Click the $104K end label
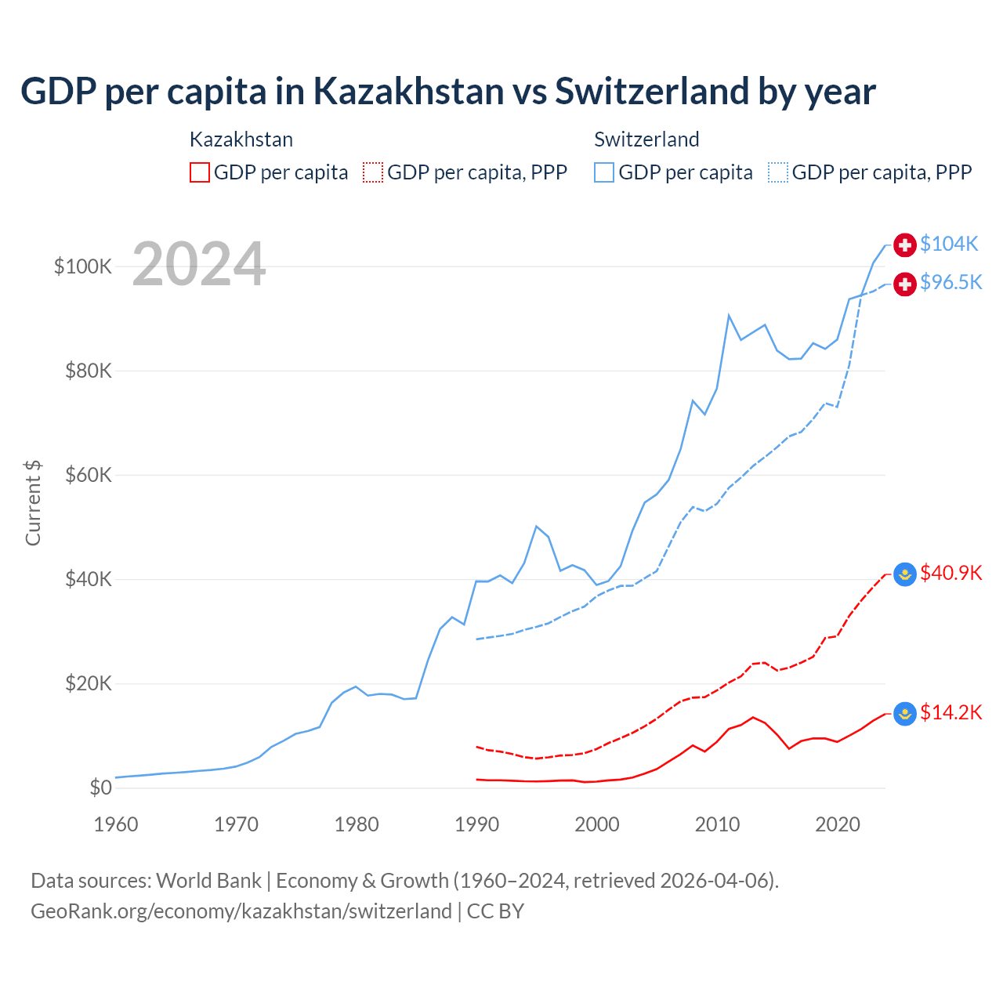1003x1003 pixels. pos(949,244)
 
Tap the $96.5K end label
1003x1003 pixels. pos(950,282)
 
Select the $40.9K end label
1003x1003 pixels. pos(950,573)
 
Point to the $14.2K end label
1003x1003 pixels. pos(950,712)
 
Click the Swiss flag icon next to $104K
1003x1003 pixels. pos(905,244)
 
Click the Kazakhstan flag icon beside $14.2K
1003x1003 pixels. pos(905,713)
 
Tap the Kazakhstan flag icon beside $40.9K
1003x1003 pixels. pos(905,574)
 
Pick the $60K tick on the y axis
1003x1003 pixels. pos(89,475)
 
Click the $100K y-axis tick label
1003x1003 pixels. pos(83,266)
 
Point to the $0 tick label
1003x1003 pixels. pos(100,788)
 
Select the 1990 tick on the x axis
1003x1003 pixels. pos(476,824)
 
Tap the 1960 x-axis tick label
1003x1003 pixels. pos(116,824)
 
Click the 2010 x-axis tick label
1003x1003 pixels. pos(717,824)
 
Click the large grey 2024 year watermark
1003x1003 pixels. pos(199,264)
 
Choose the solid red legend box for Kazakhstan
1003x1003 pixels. pos(200,172)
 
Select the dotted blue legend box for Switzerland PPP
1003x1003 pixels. pos(778,172)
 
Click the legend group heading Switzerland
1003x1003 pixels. pos(646,139)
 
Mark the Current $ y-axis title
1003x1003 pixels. pos(33,503)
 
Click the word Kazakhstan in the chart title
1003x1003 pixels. pos(408,92)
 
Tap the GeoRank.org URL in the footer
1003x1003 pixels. pos(241,911)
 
